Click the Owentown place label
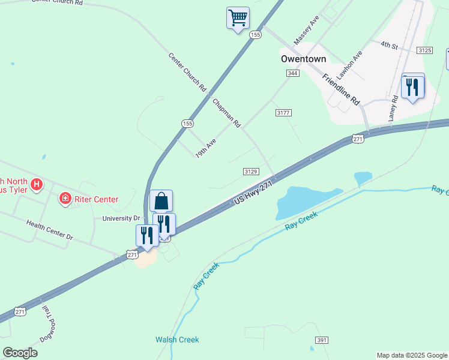point(304,59)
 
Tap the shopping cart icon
point(238,17)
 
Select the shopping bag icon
point(161,201)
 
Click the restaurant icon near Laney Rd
point(412,87)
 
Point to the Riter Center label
point(96,199)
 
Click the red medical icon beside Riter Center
point(64,198)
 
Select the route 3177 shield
point(283,113)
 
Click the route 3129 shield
point(251,172)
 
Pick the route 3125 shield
point(425,50)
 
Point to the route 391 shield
point(322,340)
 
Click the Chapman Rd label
point(226,113)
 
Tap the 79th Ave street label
point(205,148)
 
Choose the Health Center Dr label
point(49,230)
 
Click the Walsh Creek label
point(177,340)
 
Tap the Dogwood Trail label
point(47,324)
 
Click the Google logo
point(20,353)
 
